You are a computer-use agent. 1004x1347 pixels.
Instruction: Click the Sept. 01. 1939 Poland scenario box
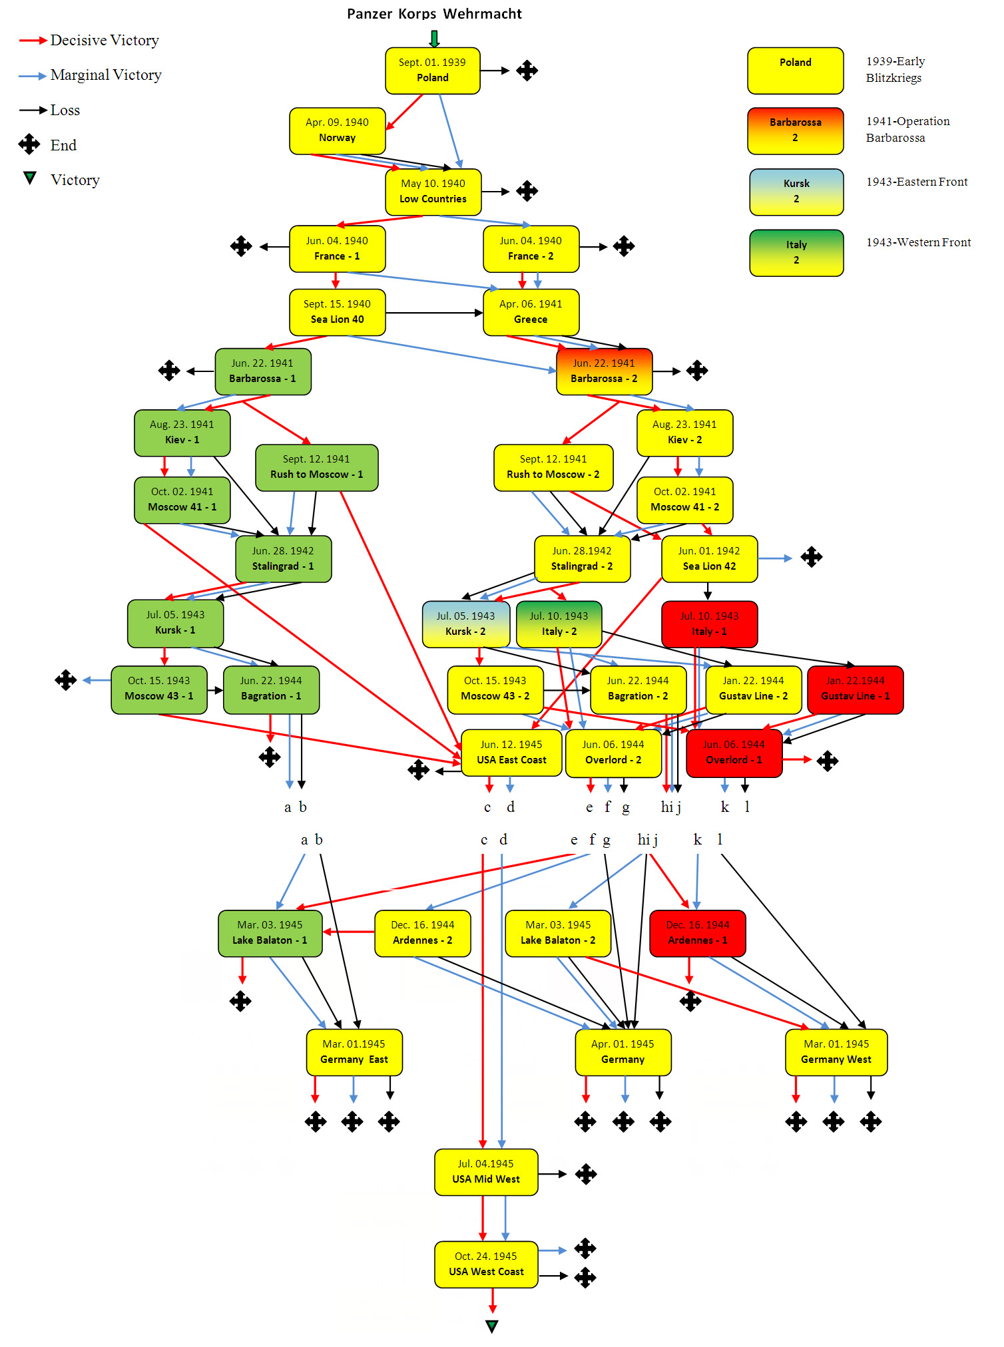click(433, 71)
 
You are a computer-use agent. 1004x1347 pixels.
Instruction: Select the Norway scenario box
click(338, 130)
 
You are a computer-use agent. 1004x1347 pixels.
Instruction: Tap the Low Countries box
click(433, 192)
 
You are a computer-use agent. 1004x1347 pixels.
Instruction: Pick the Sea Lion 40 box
click(338, 312)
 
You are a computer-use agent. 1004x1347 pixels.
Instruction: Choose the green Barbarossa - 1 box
click(263, 371)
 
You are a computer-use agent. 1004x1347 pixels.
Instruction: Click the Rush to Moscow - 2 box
click(553, 467)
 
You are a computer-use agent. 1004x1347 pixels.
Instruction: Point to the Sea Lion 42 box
click(709, 559)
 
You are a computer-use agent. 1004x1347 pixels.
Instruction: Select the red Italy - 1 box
click(709, 624)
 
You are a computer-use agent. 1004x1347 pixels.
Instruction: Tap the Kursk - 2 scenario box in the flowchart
click(465, 624)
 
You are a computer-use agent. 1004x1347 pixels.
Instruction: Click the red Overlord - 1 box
click(734, 753)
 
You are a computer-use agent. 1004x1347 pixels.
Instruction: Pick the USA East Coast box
click(511, 753)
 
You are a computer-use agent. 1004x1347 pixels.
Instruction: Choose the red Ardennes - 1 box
click(697, 933)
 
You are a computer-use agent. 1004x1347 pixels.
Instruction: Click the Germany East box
click(354, 1052)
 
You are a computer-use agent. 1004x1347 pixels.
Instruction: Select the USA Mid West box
click(486, 1172)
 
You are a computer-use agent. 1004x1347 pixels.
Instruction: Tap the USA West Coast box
click(486, 1264)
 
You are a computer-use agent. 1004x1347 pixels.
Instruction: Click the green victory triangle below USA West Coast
click(492, 1326)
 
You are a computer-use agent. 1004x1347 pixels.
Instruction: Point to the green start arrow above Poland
click(434, 39)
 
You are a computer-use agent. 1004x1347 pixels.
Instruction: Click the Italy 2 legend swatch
click(796, 253)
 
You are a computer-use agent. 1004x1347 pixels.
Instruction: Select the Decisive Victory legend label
click(105, 41)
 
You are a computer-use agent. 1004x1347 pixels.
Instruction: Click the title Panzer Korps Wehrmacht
click(434, 14)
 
